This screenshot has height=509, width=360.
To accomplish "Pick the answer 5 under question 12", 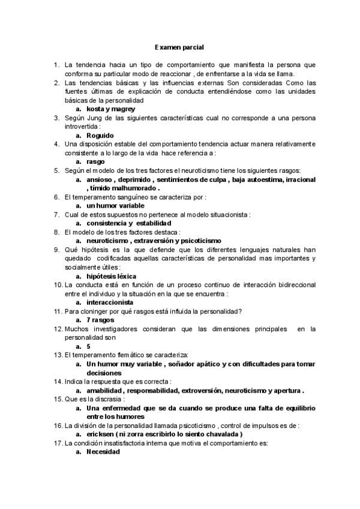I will pyautogui.click(x=89, y=346).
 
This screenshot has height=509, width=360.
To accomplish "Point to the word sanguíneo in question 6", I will pyautogui.click(x=125, y=196).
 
